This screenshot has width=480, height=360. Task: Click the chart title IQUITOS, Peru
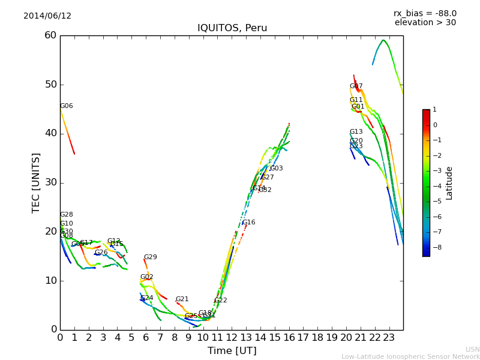tap(232, 28)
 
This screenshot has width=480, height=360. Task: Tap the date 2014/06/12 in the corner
tap(47, 16)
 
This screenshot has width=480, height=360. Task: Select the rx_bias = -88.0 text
tap(425, 13)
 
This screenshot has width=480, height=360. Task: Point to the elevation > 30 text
tap(425, 23)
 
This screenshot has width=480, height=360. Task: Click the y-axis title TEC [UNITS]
tap(36, 182)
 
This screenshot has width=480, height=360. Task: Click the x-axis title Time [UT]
tap(232, 351)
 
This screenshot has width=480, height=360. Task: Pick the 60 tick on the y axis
tap(50, 35)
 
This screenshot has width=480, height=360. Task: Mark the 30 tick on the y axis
tap(50, 182)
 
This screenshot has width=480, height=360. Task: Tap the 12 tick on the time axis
tap(232, 338)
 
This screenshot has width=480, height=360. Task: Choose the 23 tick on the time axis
tap(389, 338)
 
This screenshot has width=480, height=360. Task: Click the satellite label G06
tap(66, 106)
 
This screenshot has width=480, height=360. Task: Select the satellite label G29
tap(150, 257)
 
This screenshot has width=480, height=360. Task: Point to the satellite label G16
tap(248, 223)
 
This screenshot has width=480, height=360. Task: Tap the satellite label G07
tap(356, 86)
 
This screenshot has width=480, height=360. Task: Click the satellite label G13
tap(356, 132)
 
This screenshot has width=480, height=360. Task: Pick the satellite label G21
tap(182, 299)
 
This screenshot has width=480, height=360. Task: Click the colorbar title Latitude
tap(449, 183)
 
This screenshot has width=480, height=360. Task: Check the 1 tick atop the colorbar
tap(434, 110)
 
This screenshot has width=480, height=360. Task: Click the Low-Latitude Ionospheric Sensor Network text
tap(410, 357)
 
